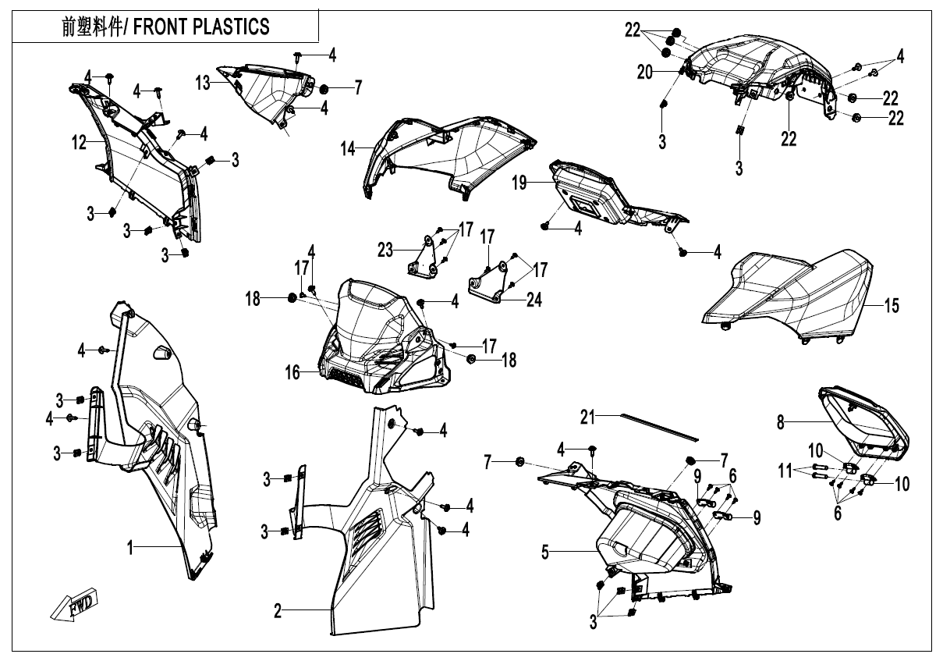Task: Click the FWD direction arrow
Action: tap(74, 605)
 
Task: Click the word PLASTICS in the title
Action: tap(231, 27)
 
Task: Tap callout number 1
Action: tap(130, 548)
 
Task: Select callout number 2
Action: tap(278, 611)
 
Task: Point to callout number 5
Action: tap(545, 553)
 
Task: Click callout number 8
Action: tap(781, 422)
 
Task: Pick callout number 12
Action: tap(79, 143)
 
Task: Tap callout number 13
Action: tap(203, 83)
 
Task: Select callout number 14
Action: tap(348, 149)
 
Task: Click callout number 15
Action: tap(892, 306)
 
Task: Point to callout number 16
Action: tap(292, 372)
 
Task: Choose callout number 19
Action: tap(519, 183)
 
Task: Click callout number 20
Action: tap(644, 73)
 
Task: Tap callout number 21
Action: tap(587, 417)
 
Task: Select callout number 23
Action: tap(385, 251)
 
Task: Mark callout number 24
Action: tap(534, 300)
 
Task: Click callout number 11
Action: tap(785, 471)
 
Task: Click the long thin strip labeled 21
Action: tap(659, 428)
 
